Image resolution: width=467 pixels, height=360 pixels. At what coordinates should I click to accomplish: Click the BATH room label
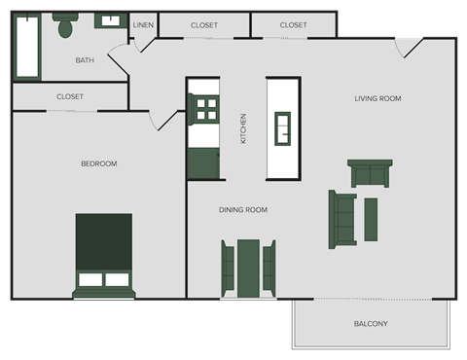pos(85,60)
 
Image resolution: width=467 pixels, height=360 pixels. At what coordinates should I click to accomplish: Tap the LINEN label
pos(143,24)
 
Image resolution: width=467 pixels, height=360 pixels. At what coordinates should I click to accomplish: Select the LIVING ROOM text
pos(377,98)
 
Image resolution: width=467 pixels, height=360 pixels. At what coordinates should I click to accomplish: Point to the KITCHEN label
pos(243,128)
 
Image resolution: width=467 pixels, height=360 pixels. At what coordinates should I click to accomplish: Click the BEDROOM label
pos(98,163)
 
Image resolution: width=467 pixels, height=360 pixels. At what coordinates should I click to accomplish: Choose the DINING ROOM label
pos(243,209)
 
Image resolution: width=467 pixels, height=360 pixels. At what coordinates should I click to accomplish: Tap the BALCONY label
pos(371,323)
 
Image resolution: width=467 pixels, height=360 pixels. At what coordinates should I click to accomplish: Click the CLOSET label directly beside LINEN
pos(204,24)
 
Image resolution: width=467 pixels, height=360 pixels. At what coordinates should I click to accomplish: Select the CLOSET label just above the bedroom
pos(70,96)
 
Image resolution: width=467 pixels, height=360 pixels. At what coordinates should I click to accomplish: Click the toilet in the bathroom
pos(66,26)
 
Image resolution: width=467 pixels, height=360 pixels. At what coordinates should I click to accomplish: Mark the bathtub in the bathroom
pos(27,46)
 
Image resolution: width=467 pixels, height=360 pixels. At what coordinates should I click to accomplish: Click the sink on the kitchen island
pos(283,126)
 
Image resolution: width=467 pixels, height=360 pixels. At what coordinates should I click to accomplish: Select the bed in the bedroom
pos(103,254)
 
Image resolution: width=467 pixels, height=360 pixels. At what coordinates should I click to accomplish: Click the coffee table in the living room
pos(371,219)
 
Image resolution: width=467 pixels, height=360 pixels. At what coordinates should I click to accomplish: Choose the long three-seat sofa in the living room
pos(342,219)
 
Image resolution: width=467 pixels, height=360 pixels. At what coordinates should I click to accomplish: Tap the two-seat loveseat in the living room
pos(370,172)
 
